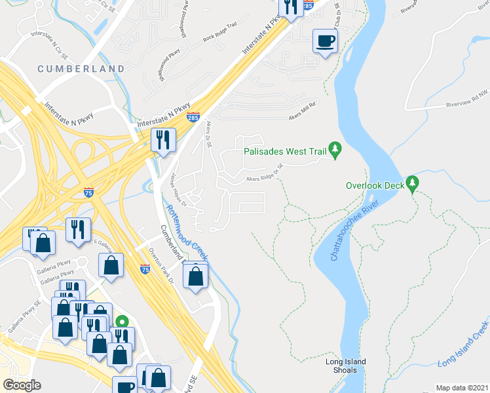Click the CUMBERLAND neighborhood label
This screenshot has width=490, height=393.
(81, 69)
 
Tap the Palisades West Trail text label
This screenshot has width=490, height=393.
(285, 151)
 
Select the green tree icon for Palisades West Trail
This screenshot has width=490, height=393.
(336, 150)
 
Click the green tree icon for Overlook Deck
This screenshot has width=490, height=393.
(413, 184)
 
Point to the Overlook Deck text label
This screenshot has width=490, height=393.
(375, 185)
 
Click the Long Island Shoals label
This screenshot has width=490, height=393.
(346, 366)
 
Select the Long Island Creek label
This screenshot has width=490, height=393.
(463, 343)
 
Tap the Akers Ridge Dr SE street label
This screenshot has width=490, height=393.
(264, 174)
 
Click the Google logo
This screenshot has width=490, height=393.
(22, 385)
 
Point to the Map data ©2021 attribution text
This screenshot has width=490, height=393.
(462, 388)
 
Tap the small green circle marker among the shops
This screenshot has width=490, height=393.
(121, 322)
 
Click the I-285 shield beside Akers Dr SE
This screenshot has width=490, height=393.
(193, 117)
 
